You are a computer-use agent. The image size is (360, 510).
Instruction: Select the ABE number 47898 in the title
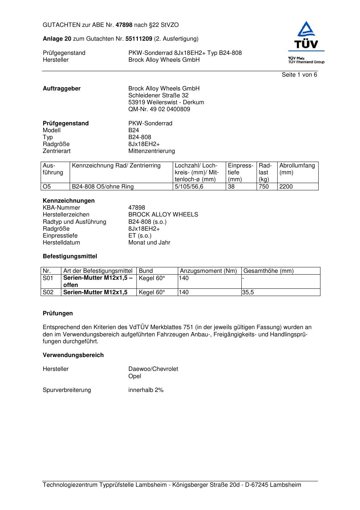pyautogui.click(x=124, y=25)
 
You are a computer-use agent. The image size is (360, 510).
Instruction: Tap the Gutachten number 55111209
pyautogui.click(x=139, y=39)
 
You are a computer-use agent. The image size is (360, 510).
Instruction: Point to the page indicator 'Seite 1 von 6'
pyautogui.click(x=299, y=75)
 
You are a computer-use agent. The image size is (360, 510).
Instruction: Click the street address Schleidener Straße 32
pyautogui.click(x=158, y=96)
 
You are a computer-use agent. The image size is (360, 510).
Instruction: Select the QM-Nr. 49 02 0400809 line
pyautogui.click(x=159, y=109)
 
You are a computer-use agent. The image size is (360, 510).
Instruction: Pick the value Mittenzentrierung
pyautogui.click(x=151, y=151)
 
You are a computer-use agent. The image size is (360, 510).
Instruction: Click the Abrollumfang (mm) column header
pyautogui.click(x=297, y=169)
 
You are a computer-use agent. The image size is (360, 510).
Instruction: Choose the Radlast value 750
pyautogui.click(x=263, y=187)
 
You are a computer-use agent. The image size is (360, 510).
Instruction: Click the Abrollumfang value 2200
pyautogui.click(x=286, y=187)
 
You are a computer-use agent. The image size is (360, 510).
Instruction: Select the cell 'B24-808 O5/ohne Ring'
pyautogui.click(x=103, y=187)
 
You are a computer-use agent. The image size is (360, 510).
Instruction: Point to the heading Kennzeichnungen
pyautogui.click(x=69, y=201)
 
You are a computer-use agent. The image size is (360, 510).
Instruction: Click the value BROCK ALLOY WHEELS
pyautogui.click(x=163, y=215)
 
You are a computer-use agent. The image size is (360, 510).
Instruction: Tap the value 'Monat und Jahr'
pyautogui.click(x=149, y=243)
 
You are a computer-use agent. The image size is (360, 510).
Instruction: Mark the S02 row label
pyautogui.click(x=48, y=292)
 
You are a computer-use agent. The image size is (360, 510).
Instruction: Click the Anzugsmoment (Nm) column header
pyautogui.click(x=208, y=271)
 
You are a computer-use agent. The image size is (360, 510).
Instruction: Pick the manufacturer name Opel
pyautogui.click(x=135, y=376)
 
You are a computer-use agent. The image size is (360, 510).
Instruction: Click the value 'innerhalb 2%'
pyautogui.click(x=146, y=390)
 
